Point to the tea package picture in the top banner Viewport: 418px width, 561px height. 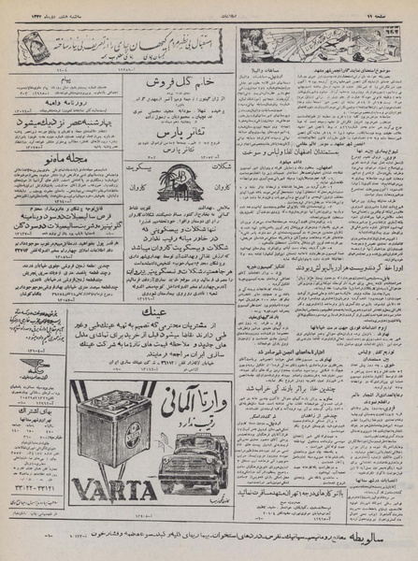(x=35, y=48)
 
